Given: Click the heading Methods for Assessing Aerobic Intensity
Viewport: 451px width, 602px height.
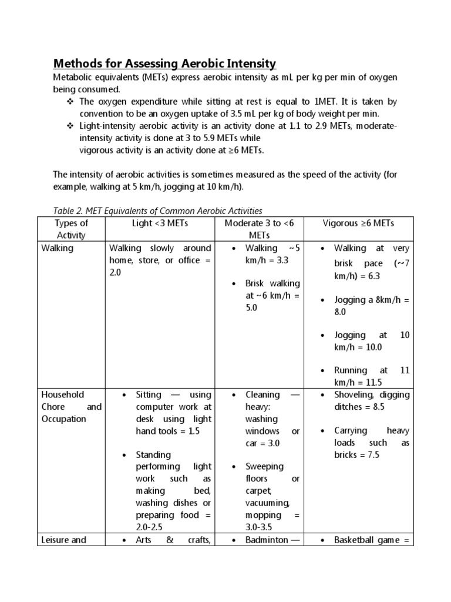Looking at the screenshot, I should coord(164,63).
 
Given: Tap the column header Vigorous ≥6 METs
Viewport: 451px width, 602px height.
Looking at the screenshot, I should coord(359,223).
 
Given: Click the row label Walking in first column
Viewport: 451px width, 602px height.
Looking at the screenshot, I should coord(58,248).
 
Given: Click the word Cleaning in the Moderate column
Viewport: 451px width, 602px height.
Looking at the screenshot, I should coord(264,395).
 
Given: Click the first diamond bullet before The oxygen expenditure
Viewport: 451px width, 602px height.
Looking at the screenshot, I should coord(66,102).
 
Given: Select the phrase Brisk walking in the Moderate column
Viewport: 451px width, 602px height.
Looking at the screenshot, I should coord(272,283).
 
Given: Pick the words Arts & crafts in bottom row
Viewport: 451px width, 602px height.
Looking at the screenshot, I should coord(173,540).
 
